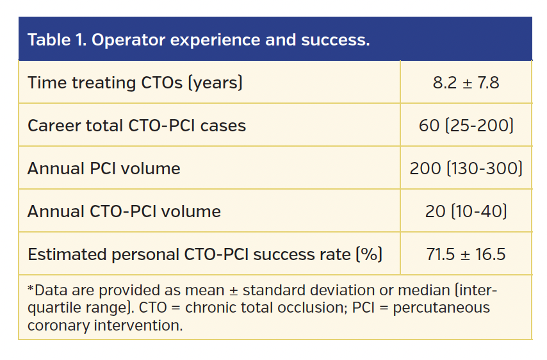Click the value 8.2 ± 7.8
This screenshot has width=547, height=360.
pos(466,83)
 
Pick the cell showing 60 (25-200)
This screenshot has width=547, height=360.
pos(466,126)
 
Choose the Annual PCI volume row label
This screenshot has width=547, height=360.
pos(104,168)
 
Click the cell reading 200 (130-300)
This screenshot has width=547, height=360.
pos(466,168)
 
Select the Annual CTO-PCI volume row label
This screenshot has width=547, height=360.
pos(124,211)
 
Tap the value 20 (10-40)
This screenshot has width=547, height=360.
pos(466,211)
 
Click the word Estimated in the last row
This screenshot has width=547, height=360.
pos(67,254)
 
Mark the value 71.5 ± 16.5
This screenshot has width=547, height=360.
pos(466,254)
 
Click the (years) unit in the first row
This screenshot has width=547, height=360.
pos(215,83)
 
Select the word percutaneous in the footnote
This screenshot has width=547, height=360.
pos(441,307)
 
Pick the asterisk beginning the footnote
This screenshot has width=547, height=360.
pos(30,290)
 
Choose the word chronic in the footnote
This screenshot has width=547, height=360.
pos(206,307)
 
